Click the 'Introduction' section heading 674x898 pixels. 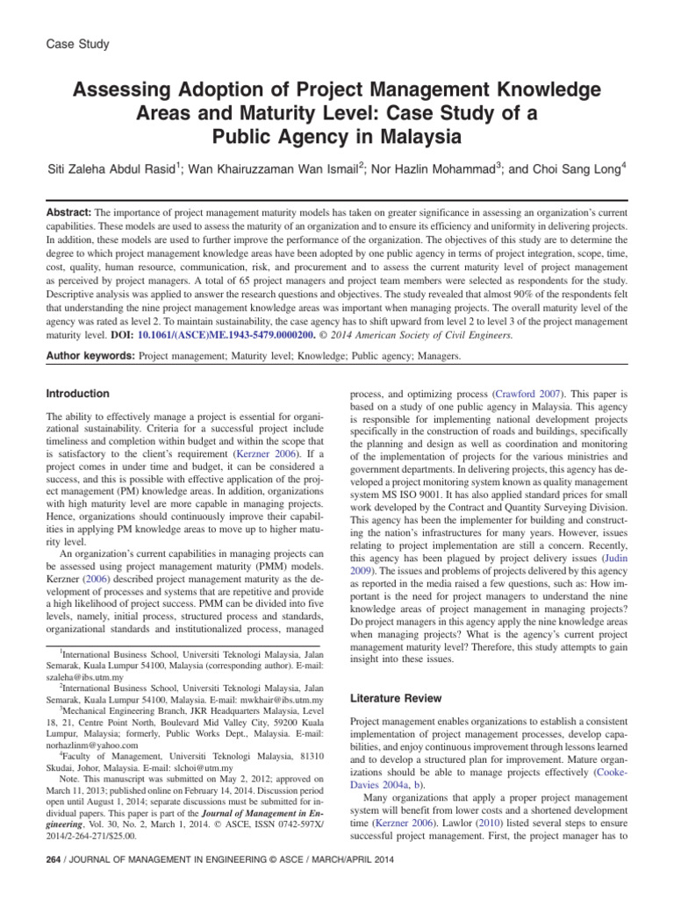78,394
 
